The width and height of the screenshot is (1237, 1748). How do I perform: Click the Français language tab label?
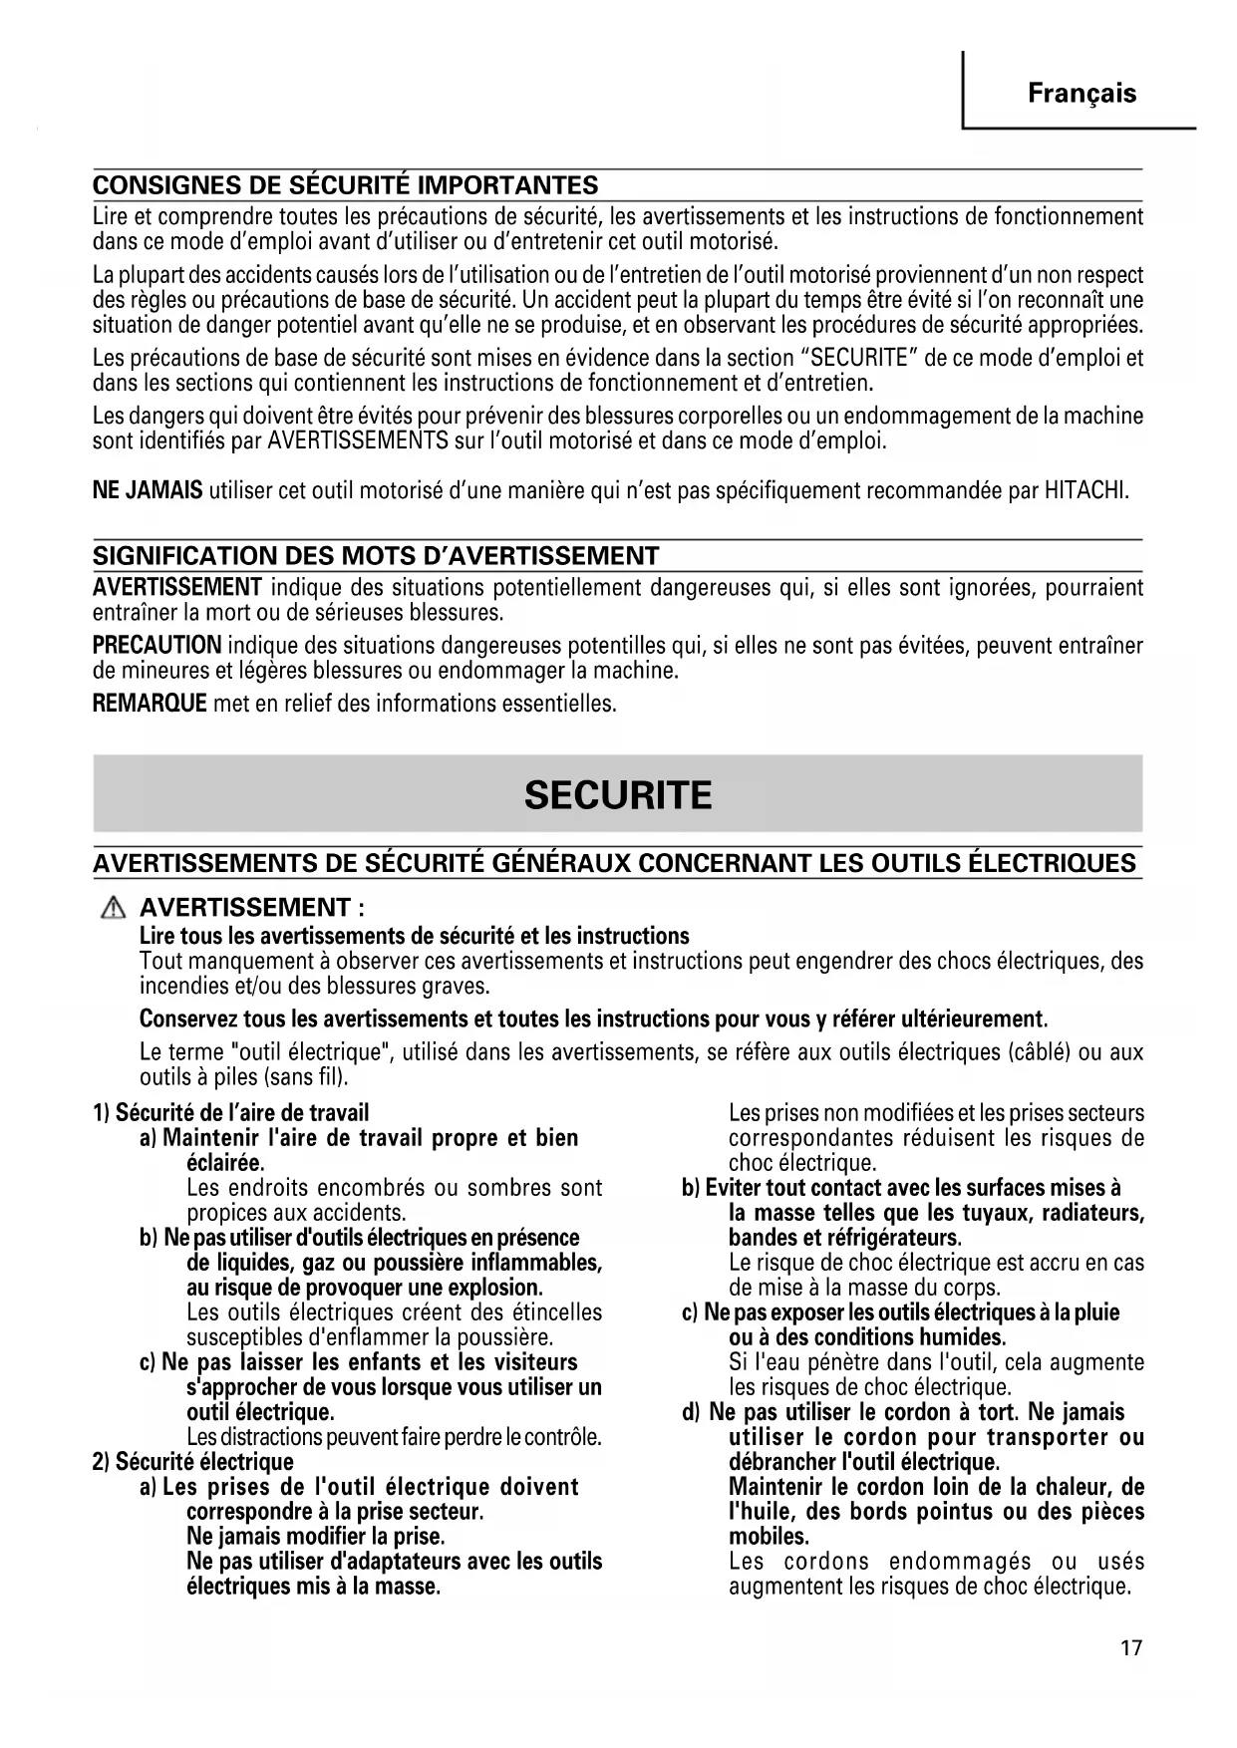tap(1082, 94)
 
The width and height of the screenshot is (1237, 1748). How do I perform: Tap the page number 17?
tap(1130, 1647)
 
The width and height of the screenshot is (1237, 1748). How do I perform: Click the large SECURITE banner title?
tap(618, 794)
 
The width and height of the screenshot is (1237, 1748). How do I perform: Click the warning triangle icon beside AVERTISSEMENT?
tap(115, 908)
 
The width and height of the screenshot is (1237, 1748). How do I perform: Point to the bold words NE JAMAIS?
tap(148, 490)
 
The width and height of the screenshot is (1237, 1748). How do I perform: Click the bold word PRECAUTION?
tap(156, 645)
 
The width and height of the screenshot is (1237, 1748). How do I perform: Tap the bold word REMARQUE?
tap(150, 704)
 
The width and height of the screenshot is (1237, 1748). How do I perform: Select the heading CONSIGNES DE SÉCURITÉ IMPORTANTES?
tap(345, 185)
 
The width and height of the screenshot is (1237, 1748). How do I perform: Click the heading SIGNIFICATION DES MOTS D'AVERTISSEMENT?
tap(376, 555)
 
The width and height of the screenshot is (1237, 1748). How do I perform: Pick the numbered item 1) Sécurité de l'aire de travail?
tap(230, 1112)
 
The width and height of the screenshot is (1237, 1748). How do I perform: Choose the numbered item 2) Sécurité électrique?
tap(193, 1462)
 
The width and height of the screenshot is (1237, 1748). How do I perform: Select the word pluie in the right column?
tap(1096, 1312)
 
